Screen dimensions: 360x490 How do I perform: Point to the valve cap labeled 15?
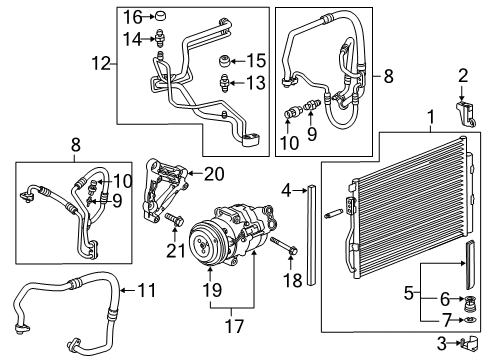click(227, 60)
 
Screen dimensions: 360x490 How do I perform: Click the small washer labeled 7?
click(462, 319)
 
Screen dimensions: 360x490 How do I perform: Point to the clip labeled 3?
click(463, 345)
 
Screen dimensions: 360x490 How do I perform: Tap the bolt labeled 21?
click(173, 217)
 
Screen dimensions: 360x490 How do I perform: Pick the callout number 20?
click(213, 172)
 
